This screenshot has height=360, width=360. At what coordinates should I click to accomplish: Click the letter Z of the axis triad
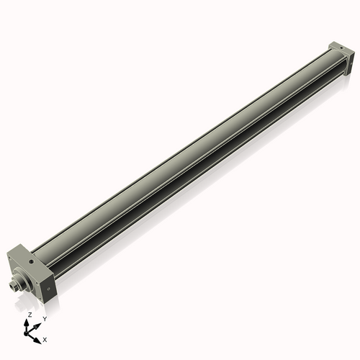pyautogui.click(x=29, y=315)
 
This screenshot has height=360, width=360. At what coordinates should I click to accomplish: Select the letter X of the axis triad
pyautogui.click(x=45, y=338)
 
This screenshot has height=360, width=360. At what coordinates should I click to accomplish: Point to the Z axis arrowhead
pyautogui.click(x=29, y=322)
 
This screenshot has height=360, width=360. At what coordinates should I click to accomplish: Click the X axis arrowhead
pyautogui.click(x=38, y=336)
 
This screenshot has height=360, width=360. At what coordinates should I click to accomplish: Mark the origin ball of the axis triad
pyautogui.click(x=28, y=333)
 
